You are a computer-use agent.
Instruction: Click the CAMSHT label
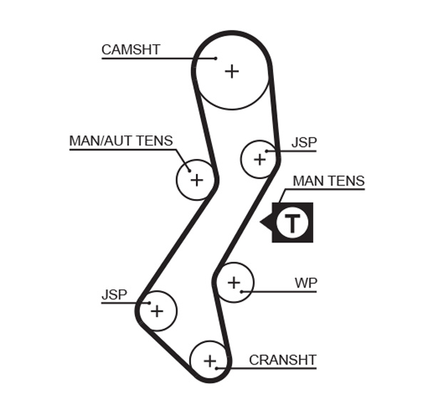(131, 49)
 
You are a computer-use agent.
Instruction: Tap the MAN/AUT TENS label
(121, 140)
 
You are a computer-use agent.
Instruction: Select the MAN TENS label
(328, 181)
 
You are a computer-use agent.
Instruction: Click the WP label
(305, 283)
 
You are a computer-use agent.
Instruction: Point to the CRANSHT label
(282, 360)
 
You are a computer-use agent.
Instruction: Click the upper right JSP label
(304, 143)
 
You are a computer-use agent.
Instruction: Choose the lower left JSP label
(114, 294)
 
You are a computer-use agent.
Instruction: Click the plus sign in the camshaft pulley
(232, 71)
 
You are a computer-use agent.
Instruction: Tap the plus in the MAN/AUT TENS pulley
(196, 180)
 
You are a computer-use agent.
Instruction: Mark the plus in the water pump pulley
(234, 283)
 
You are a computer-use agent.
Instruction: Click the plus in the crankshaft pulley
(209, 361)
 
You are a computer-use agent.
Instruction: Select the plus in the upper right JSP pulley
(259, 159)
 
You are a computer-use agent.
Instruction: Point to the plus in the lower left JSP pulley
(157, 311)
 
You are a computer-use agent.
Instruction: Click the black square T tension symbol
(292, 222)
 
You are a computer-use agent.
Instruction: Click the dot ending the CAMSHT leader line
(215, 58)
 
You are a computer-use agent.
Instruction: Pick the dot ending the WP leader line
(243, 292)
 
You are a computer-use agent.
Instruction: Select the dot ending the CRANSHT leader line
(217, 368)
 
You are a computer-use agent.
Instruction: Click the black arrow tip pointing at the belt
(262, 222)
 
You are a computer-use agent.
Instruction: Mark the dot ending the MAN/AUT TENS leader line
(189, 170)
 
